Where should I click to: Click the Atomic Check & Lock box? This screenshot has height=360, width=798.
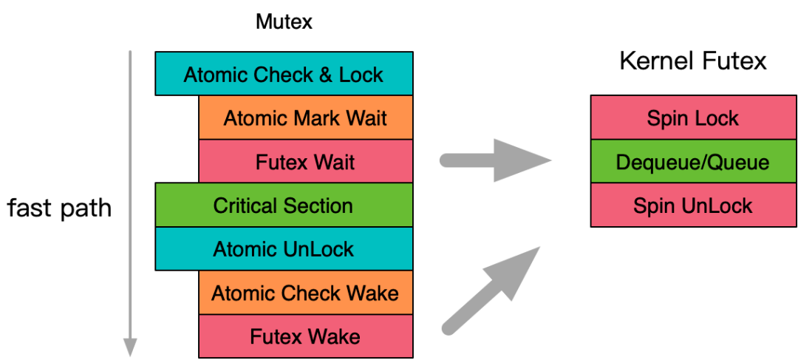[x=284, y=74]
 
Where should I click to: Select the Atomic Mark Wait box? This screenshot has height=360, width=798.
[x=305, y=118]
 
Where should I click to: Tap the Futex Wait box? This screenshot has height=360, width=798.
[x=305, y=161]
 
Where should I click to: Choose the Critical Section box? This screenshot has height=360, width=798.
[x=284, y=205]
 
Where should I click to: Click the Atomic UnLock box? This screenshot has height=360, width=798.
[x=284, y=248]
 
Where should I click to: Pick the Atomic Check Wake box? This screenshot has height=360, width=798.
[x=305, y=293]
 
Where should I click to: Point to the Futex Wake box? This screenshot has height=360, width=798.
[x=305, y=336]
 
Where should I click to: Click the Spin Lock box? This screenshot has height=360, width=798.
[x=693, y=118]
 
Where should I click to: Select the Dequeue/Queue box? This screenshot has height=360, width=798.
[x=693, y=161]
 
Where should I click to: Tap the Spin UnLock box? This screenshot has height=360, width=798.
[x=693, y=205]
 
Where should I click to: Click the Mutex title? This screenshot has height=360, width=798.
[x=284, y=22]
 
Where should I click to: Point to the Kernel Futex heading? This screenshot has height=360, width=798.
[x=693, y=61]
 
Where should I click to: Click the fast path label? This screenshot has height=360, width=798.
[x=59, y=208]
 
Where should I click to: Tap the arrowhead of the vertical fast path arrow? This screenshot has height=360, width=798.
[x=130, y=346]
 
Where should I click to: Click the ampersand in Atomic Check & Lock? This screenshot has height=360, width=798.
[x=329, y=75]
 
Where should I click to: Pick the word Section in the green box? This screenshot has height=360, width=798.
[x=318, y=205]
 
